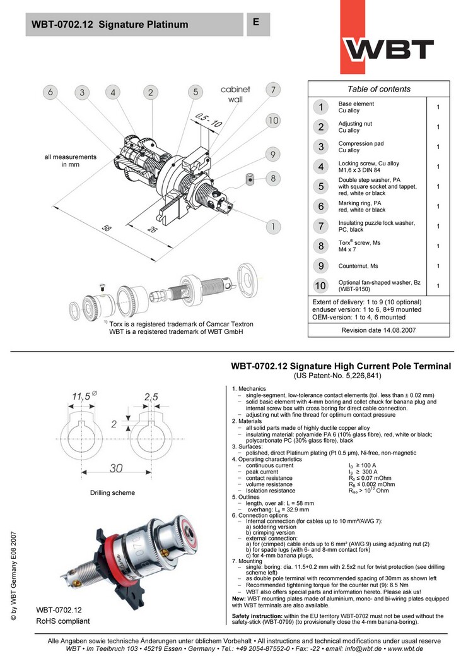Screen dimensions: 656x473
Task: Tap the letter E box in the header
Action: point(257,22)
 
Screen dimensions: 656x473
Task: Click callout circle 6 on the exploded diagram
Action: point(50,92)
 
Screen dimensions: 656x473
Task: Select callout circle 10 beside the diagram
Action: point(272,120)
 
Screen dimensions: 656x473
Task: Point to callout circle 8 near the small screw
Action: point(272,178)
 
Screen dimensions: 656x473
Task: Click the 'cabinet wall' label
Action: point(235,95)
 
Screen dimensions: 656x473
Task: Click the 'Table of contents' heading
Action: point(378,89)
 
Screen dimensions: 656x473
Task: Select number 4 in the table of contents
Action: point(321,167)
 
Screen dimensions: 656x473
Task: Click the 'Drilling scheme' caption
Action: point(112,492)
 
